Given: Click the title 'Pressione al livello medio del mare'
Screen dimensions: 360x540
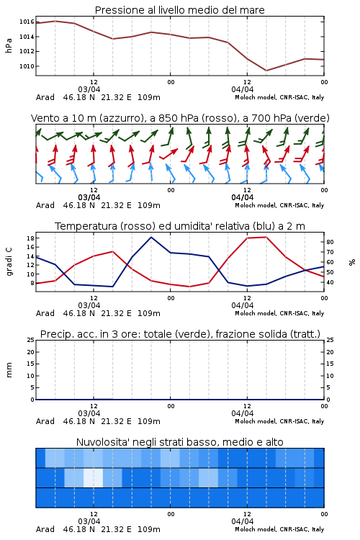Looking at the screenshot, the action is pyautogui.click(x=179, y=10).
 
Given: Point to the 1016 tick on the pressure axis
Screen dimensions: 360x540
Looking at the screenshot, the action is pyautogui.click(x=27, y=22).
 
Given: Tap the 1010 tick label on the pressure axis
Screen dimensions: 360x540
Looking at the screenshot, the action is pyautogui.click(x=27, y=66).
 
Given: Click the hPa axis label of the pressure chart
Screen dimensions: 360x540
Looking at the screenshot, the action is pyautogui.click(x=9, y=45).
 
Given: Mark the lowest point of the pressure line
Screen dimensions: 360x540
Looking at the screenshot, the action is pyautogui.click(x=266, y=71).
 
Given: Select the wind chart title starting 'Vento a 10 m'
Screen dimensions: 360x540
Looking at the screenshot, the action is pyautogui.click(x=180, y=118).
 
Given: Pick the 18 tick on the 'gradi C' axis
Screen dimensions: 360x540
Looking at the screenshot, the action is pyautogui.click(x=30, y=238).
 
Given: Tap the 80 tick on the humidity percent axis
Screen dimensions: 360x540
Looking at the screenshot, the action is pyautogui.click(x=330, y=242).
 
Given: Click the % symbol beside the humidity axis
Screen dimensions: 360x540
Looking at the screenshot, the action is pyautogui.click(x=352, y=262).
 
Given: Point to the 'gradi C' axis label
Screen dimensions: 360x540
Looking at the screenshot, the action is pyautogui.click(x=9, y=262).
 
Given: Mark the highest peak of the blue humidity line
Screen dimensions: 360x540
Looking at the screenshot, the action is pyautogui.click(x=151, y=238).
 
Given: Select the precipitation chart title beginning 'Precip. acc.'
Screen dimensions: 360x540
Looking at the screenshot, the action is pyautogui.click(x=180, y=334).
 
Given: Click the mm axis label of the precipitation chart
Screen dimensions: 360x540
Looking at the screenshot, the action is pyautogui.click(x=9, y=369).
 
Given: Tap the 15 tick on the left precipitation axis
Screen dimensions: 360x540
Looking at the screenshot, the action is pyautogui.click(x=31, y=364).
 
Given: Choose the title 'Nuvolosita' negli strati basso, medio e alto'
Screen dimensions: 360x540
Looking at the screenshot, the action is pyautogui.click(x=179, y=442).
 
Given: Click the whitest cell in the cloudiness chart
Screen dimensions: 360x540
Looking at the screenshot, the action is pyautogui.click(x=94, y=477).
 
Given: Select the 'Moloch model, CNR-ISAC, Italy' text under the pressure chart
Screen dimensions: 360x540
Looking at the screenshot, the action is pyautogui.click(x=279, y=97).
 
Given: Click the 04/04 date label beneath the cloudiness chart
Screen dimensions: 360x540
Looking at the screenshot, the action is pyautogui.click(x=242, y=521).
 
